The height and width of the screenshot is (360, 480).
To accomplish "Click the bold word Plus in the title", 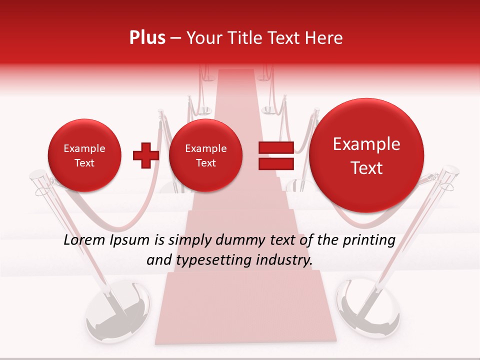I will click(147, 38).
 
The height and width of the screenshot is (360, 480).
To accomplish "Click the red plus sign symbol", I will click(145, 155).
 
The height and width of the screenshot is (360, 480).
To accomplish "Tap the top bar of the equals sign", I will click(275, 147).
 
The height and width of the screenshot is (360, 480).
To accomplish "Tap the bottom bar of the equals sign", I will click(275, 164).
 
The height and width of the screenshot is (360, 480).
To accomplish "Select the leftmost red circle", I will click(84, 155).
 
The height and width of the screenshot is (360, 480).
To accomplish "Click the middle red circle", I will click(205, 155).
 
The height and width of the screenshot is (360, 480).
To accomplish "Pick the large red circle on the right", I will click(366, 155).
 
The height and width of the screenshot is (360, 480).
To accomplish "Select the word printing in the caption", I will click(368, 240).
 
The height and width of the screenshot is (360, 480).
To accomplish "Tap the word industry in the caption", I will click(287, 260).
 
